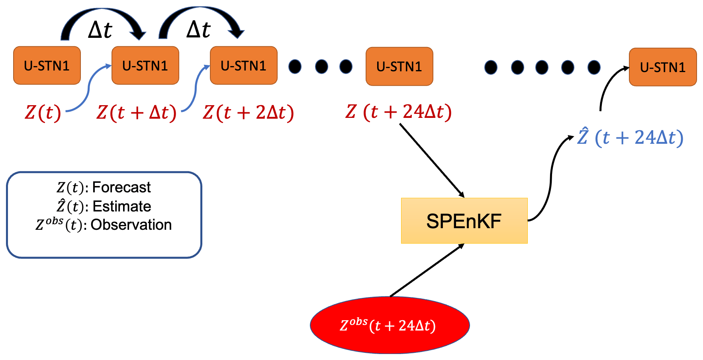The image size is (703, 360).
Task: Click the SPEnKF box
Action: click(464, 221)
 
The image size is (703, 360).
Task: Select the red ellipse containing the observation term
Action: click(390, 325)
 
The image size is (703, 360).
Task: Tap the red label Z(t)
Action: click(43, 112)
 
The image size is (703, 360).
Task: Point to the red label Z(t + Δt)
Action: click(136, 112)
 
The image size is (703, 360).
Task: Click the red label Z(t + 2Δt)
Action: click(248, 112)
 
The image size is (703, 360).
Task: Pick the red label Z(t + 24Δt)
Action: click(398, 112)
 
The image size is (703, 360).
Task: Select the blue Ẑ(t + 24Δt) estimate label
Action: click(631, 137)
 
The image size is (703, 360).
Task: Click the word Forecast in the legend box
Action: click(121, 187)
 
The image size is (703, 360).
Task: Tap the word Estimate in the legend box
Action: click(121, 206)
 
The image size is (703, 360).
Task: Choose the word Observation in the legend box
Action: click(131, 225)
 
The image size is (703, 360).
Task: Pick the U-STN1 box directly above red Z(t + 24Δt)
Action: click(399, 67)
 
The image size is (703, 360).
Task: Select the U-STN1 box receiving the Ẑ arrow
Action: click(663, 67)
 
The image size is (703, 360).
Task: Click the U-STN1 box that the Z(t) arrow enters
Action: click(145, 66)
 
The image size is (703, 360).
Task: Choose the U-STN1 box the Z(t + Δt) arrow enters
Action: click(243, 66)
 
